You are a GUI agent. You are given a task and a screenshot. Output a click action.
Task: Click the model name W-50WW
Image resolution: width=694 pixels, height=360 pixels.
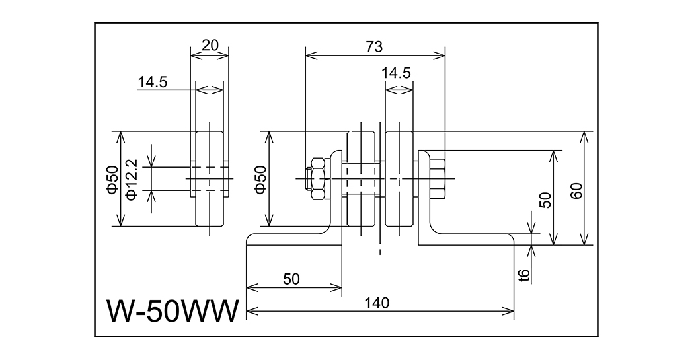[x=171, y=310]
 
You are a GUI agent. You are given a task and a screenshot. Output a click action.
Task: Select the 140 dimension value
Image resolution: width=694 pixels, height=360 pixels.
[x=379, y=303]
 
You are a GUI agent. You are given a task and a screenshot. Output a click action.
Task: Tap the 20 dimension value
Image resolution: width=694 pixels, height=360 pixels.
[x=210, y=45]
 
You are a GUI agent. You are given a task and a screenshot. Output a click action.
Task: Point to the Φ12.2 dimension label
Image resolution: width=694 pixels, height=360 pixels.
[x=132, y=178]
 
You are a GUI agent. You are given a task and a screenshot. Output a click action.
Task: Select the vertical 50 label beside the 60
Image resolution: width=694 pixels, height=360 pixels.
[x=545, y=200]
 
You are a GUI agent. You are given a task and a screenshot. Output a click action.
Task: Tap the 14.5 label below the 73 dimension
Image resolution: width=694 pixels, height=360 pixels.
[x=397, y=73]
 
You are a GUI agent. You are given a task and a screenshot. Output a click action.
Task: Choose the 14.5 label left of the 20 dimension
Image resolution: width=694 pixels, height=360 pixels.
[x=153, y=83]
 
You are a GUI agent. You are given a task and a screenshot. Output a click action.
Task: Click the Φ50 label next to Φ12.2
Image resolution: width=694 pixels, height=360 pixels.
[x=112, y=179]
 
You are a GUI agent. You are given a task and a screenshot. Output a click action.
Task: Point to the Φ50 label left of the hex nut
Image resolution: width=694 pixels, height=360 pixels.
[x=260, y=179]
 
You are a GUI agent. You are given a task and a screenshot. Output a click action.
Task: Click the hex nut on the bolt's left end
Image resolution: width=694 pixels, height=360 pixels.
[x=317, y=178]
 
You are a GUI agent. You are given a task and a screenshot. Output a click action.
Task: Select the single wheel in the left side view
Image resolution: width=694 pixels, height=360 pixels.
[x=211, y=178]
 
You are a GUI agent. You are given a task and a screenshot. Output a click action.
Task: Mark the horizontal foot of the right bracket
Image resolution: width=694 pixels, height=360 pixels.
[x=469, y=238]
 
